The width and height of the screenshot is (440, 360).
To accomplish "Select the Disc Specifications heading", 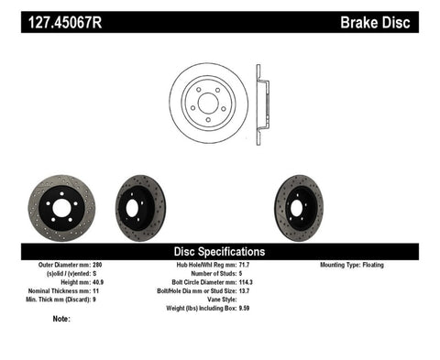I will coord(220,251).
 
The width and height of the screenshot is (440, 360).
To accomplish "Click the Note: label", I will coord(61,320).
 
